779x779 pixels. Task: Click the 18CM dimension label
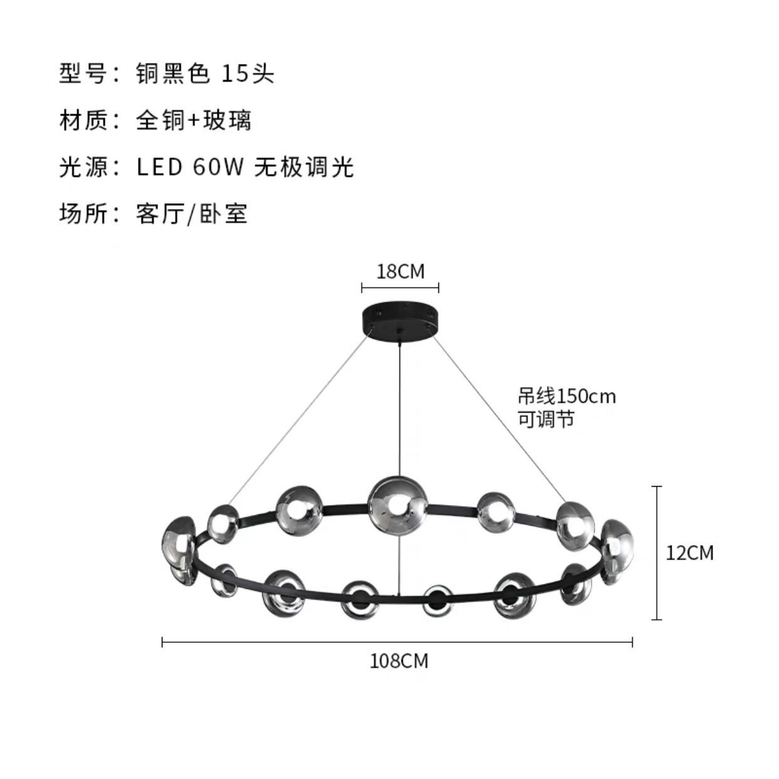coord(400,272)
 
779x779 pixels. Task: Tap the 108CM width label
coord(399,661)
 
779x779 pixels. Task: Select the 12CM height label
coord(689,553)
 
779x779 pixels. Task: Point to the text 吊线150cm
coord(566,396)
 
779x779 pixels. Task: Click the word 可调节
coord(546,419)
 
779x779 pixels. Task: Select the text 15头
coord(248,74)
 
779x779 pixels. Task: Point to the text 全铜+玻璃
coord(193,120)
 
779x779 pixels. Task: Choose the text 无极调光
coord(304,167)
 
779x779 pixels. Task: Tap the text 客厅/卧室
coord(191,214)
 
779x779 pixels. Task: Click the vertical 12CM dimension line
coord(657,553)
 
